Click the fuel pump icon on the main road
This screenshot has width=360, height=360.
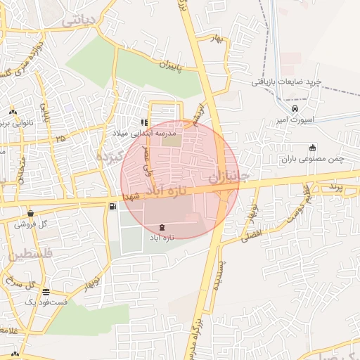[x=112, y=206]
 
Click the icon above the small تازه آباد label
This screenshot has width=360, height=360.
[x=163, y=227]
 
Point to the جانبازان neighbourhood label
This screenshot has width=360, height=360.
[x=229, y=174]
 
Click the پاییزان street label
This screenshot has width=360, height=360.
[x=161, y=67]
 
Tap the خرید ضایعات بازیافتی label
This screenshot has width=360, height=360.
[x=287, y=82]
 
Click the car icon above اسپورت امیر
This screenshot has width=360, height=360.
[x=295, y=109]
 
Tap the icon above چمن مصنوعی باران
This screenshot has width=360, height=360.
[x=312, y=148]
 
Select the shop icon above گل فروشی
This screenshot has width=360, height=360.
[x=30, y=213]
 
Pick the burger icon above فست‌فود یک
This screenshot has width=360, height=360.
[x=46, y=290]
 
